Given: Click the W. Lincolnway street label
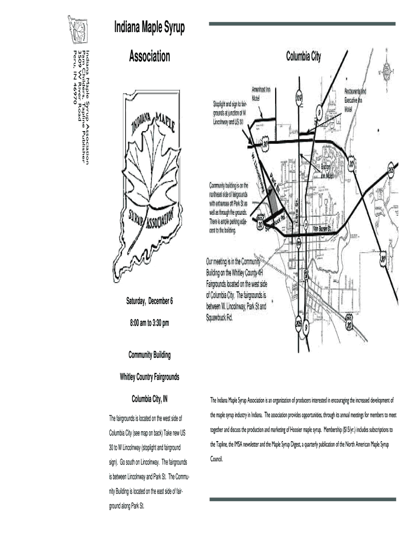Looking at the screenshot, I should pos(262,171).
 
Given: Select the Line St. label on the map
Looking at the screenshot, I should pos(297,208).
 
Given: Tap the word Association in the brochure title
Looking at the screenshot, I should pos(150,56).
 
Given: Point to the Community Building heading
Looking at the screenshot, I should pos(149,355).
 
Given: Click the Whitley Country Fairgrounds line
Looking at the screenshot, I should pos(149,377).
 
